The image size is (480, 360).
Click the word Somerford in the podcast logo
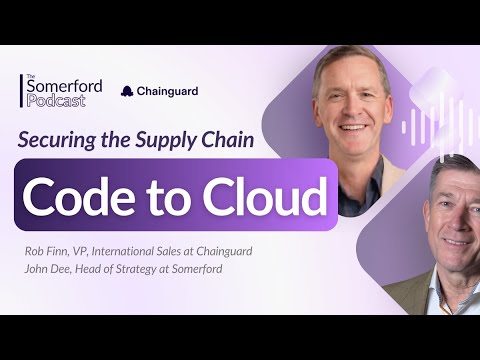[65, 85]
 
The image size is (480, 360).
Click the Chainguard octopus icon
[127, 91]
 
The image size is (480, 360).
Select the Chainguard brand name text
[168, 91]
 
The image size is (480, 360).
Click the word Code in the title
[82, 194]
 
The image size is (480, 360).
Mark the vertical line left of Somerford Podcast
[21, 91]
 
